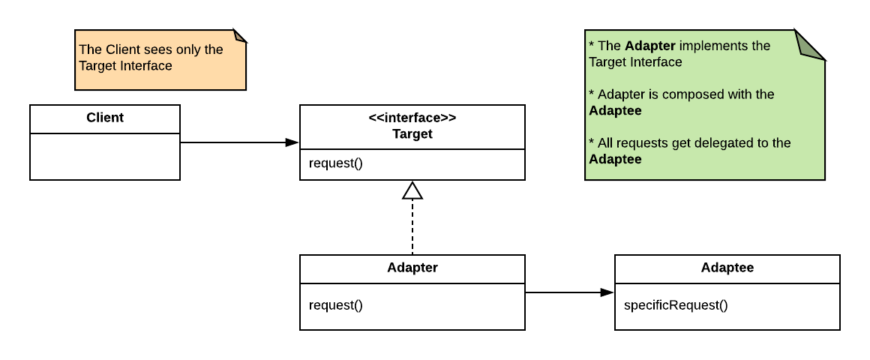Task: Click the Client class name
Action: coord(105,118)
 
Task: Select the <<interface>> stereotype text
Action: coord(412,118)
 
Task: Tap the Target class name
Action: coord(412,134)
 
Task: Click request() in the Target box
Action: coord(335,163)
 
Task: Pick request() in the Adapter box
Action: coord(335,305)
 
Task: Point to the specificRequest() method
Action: coord(676,305)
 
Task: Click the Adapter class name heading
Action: coord(412,268)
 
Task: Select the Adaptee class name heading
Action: coord(727,268)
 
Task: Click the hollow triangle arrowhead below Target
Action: coord(412,191)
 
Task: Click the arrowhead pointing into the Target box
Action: coord(292,142)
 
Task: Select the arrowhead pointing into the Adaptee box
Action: coord(607,292)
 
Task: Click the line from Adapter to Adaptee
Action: coord(562,292)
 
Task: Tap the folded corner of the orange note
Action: coord(239,36)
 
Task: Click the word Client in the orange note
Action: coord(121,49)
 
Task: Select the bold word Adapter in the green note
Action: coord(650,46)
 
